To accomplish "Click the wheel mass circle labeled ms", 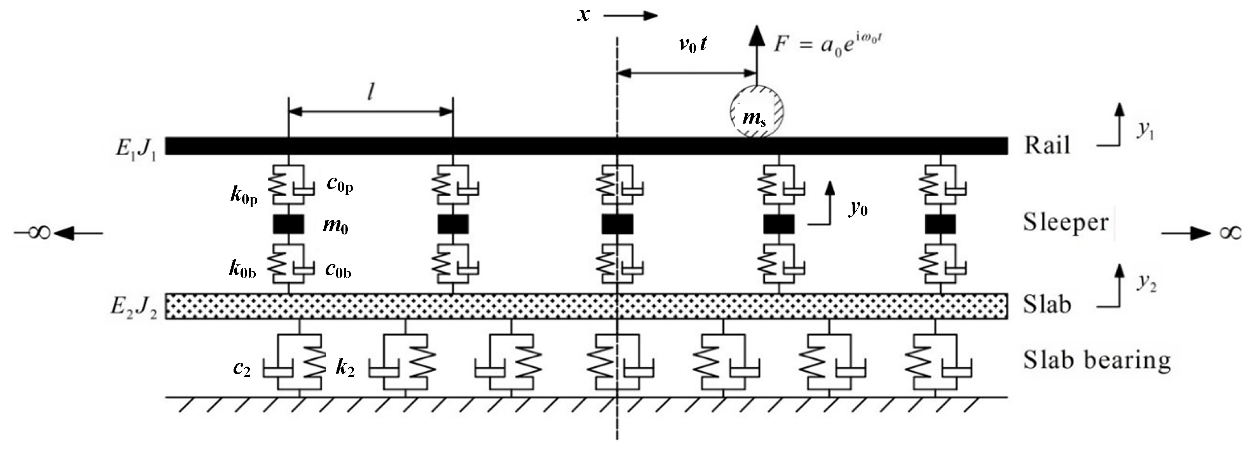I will click(x=757, y=112).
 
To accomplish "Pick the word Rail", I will click(x=1046, y=145).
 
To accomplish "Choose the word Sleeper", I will click(x=1066, y=223).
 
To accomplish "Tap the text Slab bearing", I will click(x=1097, y=360).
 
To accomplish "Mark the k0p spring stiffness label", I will click(x=243, y=195).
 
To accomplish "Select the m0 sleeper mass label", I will click(x=335, y=226).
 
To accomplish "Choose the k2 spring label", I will click(x=345, y=368).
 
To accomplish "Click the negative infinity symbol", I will click(x=33, y=233).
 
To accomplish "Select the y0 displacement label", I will click(x=858, y=208).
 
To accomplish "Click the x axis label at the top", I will click(x=583, y=15).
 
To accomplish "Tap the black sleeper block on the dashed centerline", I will click(x=617, y=224).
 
